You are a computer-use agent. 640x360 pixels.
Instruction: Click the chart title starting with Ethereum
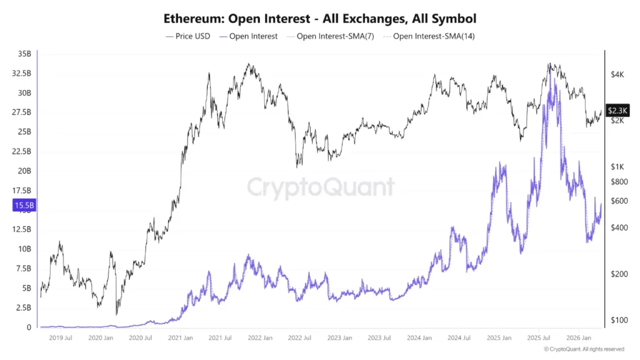pyautogui.click(x=320, y=18)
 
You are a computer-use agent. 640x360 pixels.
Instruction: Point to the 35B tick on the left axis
pyautogui.click(x=24, y=54)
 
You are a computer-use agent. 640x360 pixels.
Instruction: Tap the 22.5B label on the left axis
pyautogui.click(x=22, y=151)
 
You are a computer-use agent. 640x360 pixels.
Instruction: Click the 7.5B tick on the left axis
pyautogui.click(x=23, y=269)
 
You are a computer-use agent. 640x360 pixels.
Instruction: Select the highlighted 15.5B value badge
pyautogui.click(x=23, y=205)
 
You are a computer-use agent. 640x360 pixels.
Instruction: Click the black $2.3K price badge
pyautogui.click(x=617, y=111)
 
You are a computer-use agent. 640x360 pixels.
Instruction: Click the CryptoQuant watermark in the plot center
pyautogui.click(x=321, y=187)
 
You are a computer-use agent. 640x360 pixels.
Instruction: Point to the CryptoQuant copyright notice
pyautogui.click(x=583, y=349)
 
